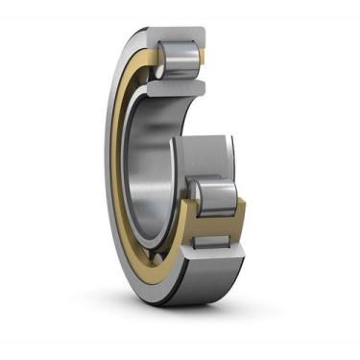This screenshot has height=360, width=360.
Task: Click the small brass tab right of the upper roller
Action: click(x=204, y=61)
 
